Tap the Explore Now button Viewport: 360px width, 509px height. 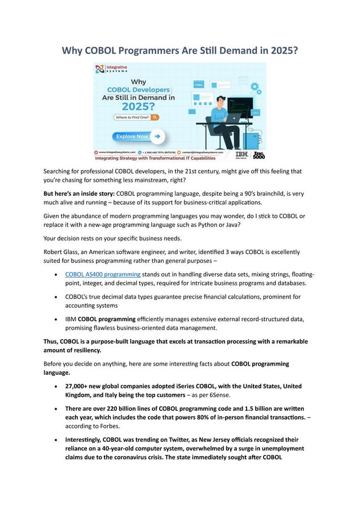(x=138, y=136)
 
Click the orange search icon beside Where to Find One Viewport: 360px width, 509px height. (x=155, y=117)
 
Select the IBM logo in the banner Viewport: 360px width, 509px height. (x=241, y=154)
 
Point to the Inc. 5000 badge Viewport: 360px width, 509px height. (x=258, y=154)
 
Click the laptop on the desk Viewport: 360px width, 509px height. (x=232, y=118)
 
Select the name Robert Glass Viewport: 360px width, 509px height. (x=63, y=252)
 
